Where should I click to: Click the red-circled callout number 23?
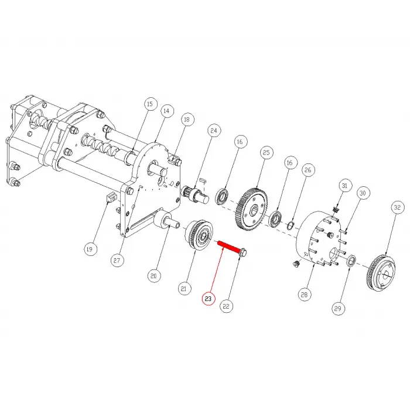208,299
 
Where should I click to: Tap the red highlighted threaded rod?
228,247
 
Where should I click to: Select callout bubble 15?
149,104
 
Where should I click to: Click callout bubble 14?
166,111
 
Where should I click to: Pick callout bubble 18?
187,119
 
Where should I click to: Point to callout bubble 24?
214,131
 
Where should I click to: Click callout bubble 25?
266,152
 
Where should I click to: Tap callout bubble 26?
307,170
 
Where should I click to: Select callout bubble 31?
344,186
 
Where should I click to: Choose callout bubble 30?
363,193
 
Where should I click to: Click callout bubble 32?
397,207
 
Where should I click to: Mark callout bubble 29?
338,309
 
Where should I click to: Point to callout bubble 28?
304,295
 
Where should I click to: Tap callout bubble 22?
226,306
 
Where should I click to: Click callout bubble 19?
90,249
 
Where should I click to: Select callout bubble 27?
117,261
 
